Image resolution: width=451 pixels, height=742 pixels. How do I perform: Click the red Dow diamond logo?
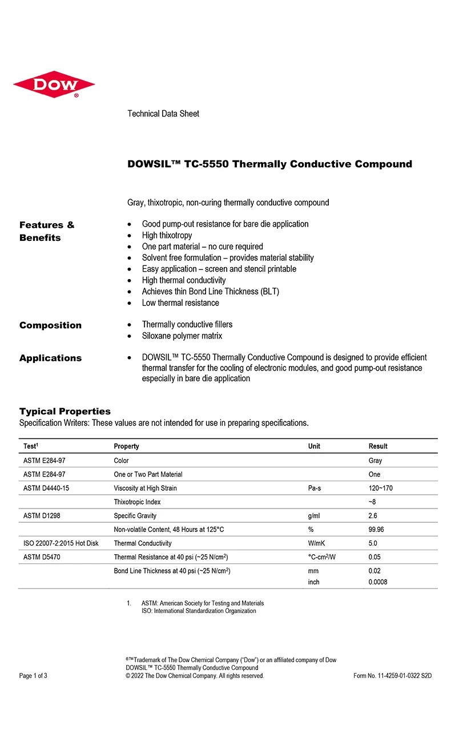click(x=54, y=84)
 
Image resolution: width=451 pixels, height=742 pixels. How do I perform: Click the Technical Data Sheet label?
click(x=163, y=114)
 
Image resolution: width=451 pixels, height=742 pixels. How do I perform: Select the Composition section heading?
click(x=50, y=325)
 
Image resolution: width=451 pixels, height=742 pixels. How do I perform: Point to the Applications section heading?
click(x=50, y=358)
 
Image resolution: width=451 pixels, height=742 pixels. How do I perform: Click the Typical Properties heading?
click(x=65, y=412)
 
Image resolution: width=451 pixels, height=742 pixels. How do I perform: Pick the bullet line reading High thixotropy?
click(x=167, y=235)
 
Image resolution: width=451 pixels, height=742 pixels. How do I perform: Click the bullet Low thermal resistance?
click(x=180, y=303)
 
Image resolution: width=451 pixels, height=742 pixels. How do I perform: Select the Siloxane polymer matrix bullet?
click(x=182, y=336)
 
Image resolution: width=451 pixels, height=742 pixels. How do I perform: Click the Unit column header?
click(x=314, y=446)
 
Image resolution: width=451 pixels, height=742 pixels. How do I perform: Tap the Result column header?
click(x=378, y=446)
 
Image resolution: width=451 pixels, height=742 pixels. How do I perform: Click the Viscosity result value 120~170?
click(x=381, y=488)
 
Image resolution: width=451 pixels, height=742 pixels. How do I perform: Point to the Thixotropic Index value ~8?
click(x=372, y=502)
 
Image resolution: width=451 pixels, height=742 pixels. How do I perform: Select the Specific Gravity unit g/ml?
click(x=313, y=515)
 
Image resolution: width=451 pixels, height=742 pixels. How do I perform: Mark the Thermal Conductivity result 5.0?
click(x=373, y=543)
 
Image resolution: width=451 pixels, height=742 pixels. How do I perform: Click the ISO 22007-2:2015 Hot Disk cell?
click(x=61, y=543)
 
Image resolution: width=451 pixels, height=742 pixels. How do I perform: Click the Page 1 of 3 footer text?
click(x=33, y=676)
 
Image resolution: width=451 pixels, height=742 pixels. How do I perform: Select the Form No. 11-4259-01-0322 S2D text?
click(x=393, y=676)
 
